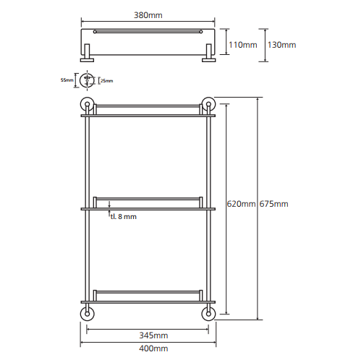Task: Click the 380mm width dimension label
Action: click(148, 15)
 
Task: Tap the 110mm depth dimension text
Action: click(243, 45)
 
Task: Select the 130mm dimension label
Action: click(281, 45)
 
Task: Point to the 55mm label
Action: click(67, 80)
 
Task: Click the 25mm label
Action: click(107, 81)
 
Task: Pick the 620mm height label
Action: click(241, 204)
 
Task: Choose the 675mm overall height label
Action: click(273, 204)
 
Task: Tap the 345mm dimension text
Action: click(153, 335)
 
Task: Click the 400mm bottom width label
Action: click(153, 348)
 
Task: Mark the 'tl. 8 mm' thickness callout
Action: click(124, 217)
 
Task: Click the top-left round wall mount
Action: click(87, 104)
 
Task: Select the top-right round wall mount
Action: click(208, 104)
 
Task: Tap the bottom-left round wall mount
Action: click(87, 314)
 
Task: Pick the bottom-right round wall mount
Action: click(208, 314)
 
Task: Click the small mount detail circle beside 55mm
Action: click(87, 80)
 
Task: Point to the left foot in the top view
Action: click(87, 53)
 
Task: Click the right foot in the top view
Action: click(208, 53)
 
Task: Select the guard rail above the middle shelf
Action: click(148, 199)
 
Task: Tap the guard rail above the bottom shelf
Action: click(148, 292)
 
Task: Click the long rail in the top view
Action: click(148, 32)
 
